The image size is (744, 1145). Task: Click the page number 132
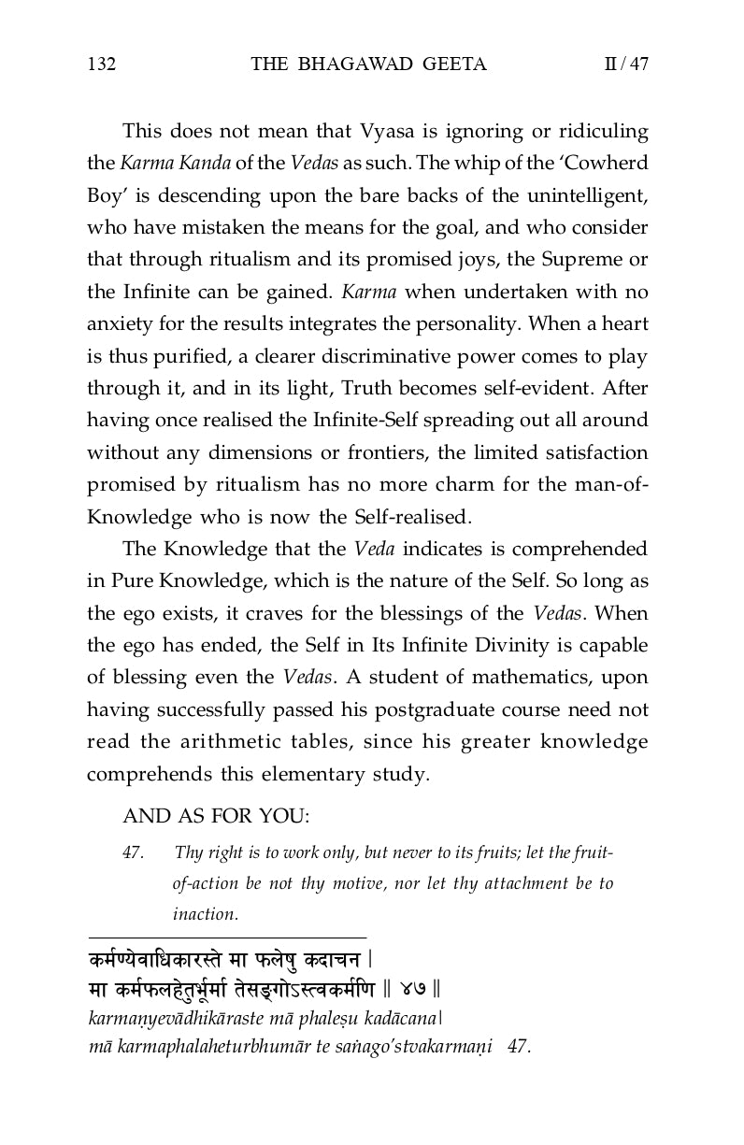coord(101,64)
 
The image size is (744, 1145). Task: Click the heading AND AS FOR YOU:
coord(215,815)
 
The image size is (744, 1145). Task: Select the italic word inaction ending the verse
coord(205,914)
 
